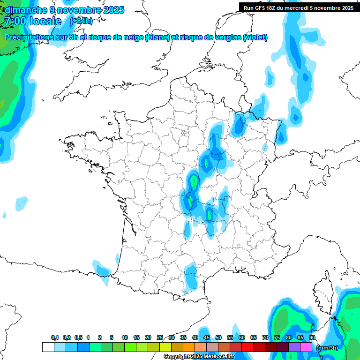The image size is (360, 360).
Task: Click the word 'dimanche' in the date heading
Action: pos(23,10)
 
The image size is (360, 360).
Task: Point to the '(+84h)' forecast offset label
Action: pos(81,21)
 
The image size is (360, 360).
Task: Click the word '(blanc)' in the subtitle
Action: pos(157,37)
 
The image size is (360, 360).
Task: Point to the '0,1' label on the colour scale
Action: pos(54,338)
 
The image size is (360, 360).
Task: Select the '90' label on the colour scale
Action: pos(312,338)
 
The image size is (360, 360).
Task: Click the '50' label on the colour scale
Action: pos(218,338)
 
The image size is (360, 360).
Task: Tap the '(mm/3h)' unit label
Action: pos(327,348)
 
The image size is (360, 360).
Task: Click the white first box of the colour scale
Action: pos(48,347)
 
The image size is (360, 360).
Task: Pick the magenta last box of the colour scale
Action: pos(306,347)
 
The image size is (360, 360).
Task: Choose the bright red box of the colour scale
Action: pos(247,347)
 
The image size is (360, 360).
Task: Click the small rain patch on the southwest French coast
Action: pos(102,270)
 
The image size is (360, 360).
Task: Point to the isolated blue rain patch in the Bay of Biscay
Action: pos(22,203)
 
